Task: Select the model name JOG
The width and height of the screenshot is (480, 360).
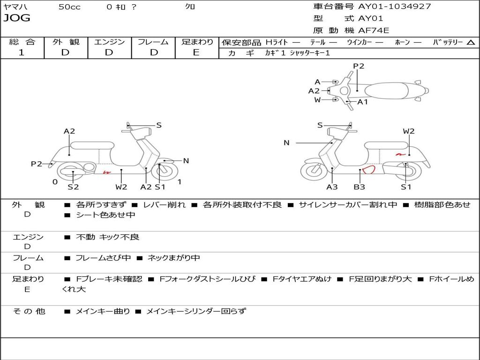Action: (x=17, y=18)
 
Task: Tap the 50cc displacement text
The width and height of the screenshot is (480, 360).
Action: (x=69, y=7)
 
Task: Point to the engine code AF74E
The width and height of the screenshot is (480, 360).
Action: (x=374, y=30)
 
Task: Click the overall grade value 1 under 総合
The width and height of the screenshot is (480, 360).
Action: (x=21, y=52)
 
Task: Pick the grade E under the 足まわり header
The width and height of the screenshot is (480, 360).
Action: (x=196, y=52)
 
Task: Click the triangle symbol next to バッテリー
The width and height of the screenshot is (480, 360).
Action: (x=471, y=42)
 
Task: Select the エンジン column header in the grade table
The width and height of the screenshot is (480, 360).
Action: (x=109, y=42)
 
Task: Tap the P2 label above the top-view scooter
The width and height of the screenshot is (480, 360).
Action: (x=359, y=66)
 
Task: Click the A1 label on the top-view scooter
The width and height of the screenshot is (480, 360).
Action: (x=363, y=102)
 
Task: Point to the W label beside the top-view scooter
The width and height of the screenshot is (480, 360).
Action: (x=317, y=100)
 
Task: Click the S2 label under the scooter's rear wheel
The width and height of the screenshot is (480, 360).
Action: (x=73, y=187)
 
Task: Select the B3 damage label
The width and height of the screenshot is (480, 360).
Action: (x=360, y=187)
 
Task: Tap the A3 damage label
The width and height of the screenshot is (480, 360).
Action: (x=332, y=187)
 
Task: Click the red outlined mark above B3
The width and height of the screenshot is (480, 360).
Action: (x=368, y=169)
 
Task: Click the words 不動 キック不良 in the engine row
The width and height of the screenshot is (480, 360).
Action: (x=107, y=237)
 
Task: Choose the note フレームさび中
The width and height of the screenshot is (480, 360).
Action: (x=103, y=258)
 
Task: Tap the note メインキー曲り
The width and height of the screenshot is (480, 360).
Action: (x=103, y=311)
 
